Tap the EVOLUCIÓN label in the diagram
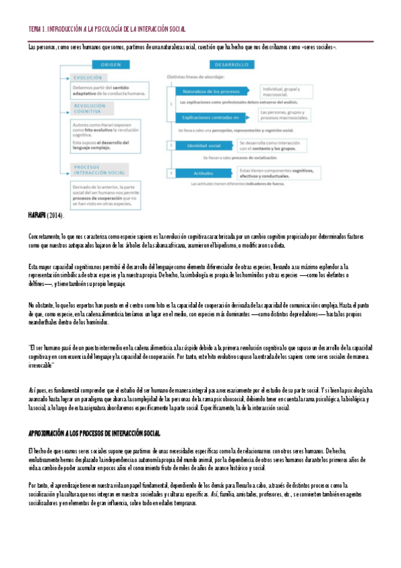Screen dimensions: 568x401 (x=88, y=78)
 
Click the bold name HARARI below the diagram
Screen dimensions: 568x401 (x=37, y=214)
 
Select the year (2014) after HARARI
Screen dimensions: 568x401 (x=55, y=214)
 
